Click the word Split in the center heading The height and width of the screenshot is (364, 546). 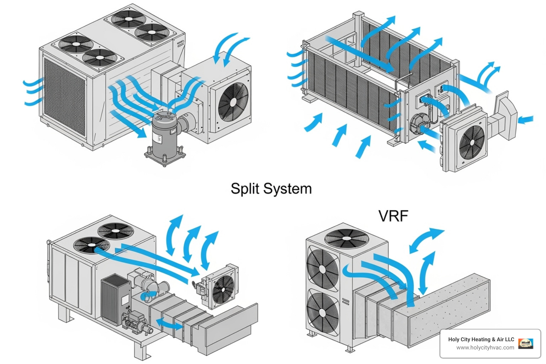[245, 188]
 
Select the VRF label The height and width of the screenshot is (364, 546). [393, 216]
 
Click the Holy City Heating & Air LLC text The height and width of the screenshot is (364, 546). [481, 339]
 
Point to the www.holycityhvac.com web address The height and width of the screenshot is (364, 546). [485, 348]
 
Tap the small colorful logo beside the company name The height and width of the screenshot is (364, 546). [525, 343]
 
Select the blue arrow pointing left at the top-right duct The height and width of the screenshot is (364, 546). [526, 119]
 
